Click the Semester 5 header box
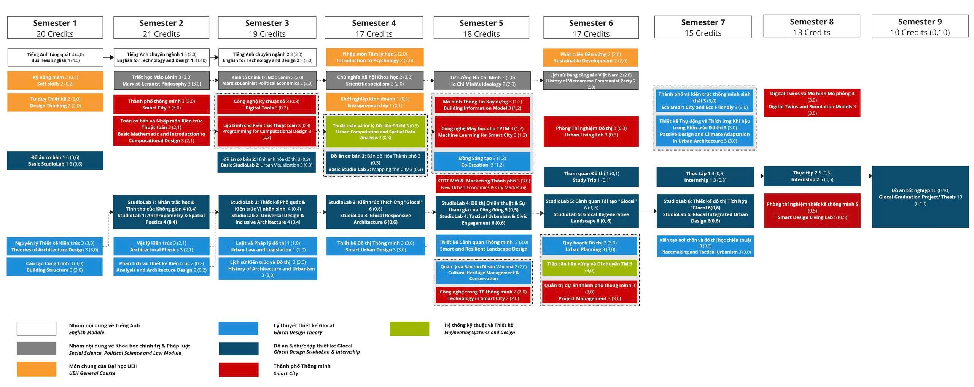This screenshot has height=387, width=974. click(x=481, y=28)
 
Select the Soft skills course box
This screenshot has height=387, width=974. click(x=55, y=81)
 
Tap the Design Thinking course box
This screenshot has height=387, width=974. click(x=55, y=102)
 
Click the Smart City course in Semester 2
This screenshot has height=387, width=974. click(x=161, y=105)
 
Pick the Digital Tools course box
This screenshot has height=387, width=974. click(x=266, y=105)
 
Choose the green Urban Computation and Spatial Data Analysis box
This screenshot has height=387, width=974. click(x=375, y=132)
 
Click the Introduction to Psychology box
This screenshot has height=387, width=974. click(x=374, y=57)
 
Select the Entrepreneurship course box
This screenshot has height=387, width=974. click(x=374, y=102)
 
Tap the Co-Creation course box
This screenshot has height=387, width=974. click(x=482, y=162)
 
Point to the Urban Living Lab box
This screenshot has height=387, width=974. click(x=591, y=132)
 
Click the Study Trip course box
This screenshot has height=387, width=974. click(x=591, y=177)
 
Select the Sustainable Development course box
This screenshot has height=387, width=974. click(x=590, y=57)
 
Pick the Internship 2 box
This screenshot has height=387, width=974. click(x=812, y=176)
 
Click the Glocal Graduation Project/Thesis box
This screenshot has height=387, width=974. click(x=920, y=197)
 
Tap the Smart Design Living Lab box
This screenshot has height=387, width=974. click(x=812, y=211)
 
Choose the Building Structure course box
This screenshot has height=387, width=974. click(x=54, y=266)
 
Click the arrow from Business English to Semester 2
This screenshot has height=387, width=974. click(x=108, y=57)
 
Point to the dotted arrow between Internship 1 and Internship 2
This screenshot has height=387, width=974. click(x=759, y=176)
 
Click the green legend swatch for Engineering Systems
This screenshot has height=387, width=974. click(x=409, y=329)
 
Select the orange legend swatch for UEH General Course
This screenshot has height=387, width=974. click(x=37, y=369)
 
